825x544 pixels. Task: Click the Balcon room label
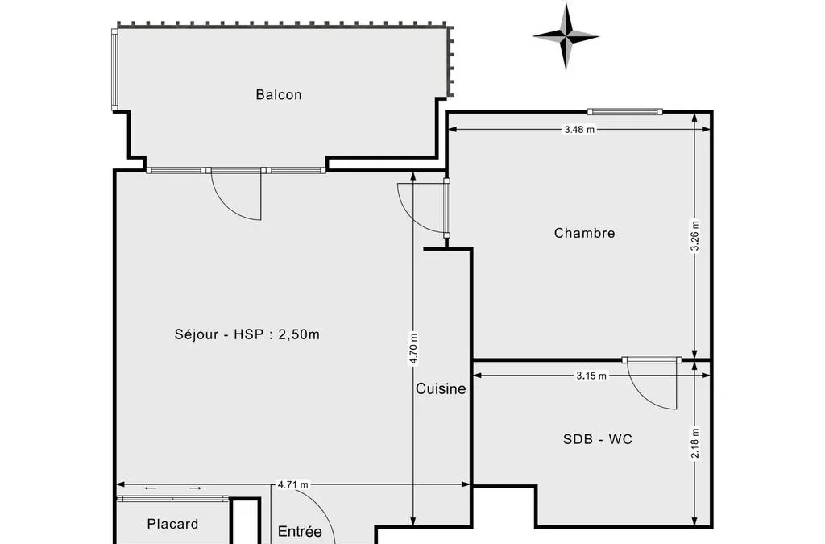coord(278,95)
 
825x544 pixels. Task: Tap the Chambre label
coord(585,233)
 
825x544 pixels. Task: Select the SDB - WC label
coord(598,438)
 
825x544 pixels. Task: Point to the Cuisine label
coord(441,388)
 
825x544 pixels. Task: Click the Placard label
coord(172,524)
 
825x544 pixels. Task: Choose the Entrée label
coord(300,531)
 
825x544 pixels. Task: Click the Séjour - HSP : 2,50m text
coord(247,334)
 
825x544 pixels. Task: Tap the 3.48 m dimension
coord(579,130)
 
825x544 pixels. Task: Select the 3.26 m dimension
coord(695,235)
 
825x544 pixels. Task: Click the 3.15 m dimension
coord(591,376)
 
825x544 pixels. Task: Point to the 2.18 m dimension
coord(695,443)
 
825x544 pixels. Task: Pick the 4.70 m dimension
coord(413,348)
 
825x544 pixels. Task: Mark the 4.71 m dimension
coord(293,484)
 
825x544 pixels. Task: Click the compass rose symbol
coord(566,36)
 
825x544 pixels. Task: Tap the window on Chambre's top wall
coord(625,111)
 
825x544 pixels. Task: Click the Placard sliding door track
coord(172,498)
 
